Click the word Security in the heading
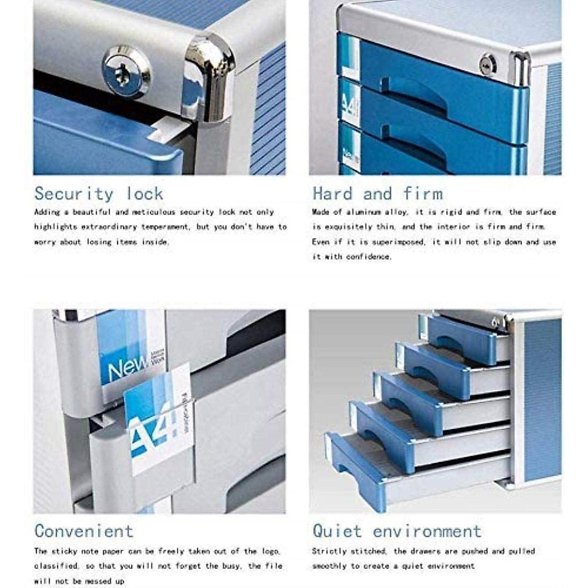point(73,194)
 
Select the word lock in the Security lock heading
point(145,194)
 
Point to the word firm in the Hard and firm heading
point(423,194)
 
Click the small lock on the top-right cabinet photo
point(488,64)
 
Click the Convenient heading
point(84,531)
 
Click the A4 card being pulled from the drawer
point(157,421)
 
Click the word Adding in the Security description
point(47,212)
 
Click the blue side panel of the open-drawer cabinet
point(542,397)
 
